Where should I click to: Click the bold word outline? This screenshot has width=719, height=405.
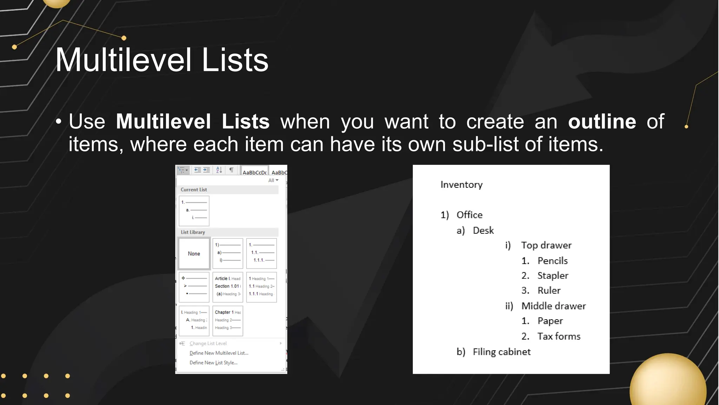coord(602,122)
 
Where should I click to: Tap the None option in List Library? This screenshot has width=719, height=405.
coord(194,253)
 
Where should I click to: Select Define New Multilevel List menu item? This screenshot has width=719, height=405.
coord(219,353)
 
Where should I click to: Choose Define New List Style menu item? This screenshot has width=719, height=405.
coord(213,362)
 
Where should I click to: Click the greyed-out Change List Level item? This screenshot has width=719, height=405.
coord(208,343)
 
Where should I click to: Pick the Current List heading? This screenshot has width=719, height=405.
coord(194,189)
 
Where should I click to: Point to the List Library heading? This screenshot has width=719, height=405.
coord(193,232)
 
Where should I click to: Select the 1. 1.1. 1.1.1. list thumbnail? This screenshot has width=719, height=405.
coord(262,253)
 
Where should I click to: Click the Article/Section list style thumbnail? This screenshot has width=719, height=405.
coord(228,287)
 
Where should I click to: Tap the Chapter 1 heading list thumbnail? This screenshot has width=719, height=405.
coord(228,321)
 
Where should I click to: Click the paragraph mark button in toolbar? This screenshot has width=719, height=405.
coord(231,170)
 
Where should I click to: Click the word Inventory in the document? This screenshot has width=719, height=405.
coord(461,185)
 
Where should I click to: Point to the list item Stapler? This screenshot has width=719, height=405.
coord(553,276)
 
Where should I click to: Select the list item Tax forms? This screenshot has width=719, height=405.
coord(559,336)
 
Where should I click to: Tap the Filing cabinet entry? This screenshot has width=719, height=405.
coord(502,352)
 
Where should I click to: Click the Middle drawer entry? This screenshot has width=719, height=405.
coord(554,306)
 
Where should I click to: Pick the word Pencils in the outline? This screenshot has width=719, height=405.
coord(553,261)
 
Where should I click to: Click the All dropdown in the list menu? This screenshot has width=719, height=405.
coord(273,180)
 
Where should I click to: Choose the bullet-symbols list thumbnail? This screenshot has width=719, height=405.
coord(194,287)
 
